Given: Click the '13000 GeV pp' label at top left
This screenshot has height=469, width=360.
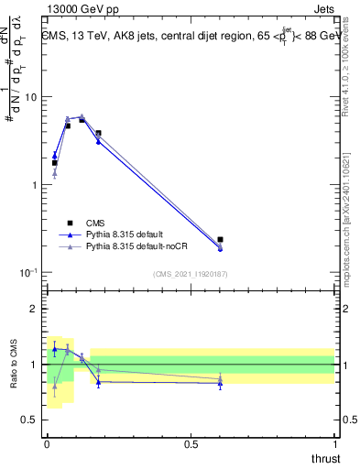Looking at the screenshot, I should point(78,9).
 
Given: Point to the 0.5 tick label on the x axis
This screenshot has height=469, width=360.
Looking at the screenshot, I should point(191,443).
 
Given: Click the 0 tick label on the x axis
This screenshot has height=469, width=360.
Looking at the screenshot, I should point(47,443).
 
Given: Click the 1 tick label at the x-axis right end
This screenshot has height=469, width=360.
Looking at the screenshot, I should point(334,443).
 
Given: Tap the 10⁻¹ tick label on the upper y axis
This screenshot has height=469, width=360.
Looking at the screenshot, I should point(28,273).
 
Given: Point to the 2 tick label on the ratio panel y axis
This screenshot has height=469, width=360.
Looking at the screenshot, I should point(35,309).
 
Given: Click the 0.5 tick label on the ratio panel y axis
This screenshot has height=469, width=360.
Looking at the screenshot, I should point(30,420).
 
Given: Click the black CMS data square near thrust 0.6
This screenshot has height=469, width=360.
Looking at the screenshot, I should point(220,240).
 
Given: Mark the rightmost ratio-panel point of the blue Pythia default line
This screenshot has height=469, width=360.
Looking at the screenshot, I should point(220,384).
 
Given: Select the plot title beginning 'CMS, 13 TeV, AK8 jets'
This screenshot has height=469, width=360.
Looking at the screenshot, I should point(191,36).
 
